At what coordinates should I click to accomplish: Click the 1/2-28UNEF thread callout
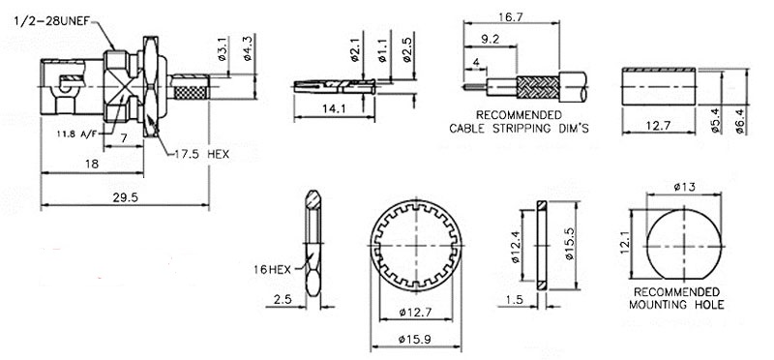[54, 22]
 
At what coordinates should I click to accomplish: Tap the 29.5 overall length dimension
[125, 197]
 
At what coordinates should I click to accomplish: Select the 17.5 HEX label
[202, 154]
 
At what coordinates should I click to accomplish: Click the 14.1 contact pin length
[334, 109]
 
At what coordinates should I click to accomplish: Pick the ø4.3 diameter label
[248, 49]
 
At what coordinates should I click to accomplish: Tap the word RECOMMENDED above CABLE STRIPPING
[519, 115]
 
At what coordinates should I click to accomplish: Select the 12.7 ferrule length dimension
[658, 126]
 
